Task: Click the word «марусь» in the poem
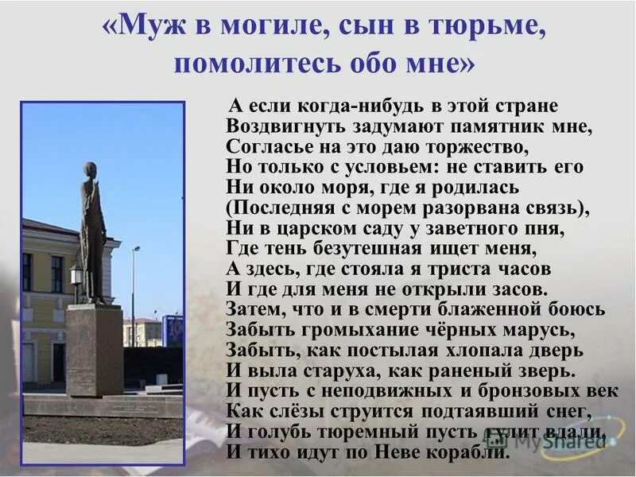(545, 330)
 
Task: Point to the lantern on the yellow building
(76, 273)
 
